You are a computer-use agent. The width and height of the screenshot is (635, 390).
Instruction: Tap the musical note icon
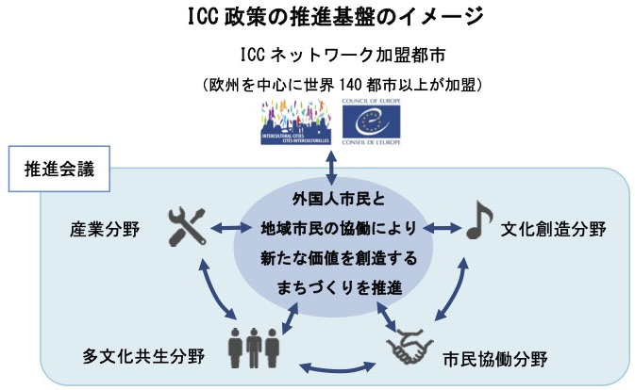pos(477,227)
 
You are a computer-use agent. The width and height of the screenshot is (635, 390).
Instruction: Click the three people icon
pos(253,349)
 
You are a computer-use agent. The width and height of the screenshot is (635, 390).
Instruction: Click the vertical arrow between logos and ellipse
pos(329,164)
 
